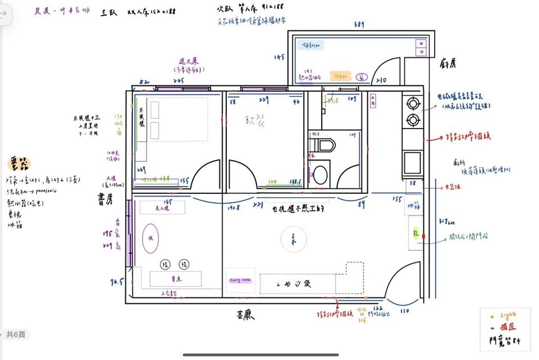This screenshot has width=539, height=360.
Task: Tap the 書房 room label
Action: coord(107,199)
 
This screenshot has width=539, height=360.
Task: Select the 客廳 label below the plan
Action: coord(245,316)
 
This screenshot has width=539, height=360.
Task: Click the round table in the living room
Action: coord(293,240)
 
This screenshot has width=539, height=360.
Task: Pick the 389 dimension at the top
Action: coord(359,25)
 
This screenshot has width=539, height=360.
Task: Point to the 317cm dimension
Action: coord(447,222)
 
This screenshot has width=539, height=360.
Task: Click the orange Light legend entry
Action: coord(505,316)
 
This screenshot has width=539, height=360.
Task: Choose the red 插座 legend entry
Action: coord(505,327)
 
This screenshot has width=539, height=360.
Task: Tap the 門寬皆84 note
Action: coord(505,340)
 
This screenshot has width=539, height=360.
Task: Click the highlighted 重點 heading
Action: coord(19,163)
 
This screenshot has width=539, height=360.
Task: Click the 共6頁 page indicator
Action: coord(15,335)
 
